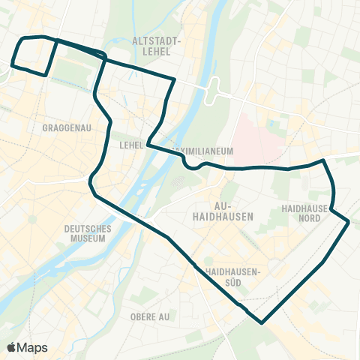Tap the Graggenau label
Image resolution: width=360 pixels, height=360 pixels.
tap(67, 127)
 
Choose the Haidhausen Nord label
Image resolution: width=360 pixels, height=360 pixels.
tap(301, 212)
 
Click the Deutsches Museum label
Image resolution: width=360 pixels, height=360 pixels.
tap(88, 233)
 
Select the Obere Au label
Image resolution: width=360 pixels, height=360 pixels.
tap(150, 316)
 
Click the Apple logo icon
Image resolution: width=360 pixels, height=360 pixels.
tap(12, 347)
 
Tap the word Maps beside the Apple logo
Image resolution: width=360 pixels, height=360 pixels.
tap(33, 348)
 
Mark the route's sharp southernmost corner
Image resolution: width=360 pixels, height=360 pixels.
tap(261, 323)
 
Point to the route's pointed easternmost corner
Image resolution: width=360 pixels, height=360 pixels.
tap(349, 222)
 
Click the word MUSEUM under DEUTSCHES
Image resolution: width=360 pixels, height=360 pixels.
tap(88, 238)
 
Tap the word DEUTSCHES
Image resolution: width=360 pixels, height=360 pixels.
tap(88, 228)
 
